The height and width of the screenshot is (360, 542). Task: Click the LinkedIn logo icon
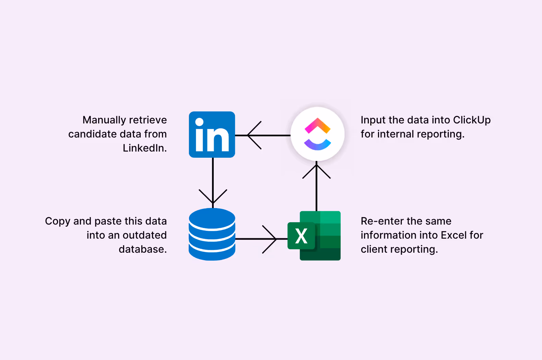click(x=212, y=134)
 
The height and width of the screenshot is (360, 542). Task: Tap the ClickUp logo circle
click(x=317, y=134)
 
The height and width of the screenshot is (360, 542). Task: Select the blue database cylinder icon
click(x=212, y=234)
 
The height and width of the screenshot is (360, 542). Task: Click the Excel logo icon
click(x=314, y=236)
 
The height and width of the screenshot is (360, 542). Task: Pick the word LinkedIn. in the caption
click(x=145, y=148)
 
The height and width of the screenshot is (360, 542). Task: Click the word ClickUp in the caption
click(x=472, y=120)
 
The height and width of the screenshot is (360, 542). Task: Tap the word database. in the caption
click(x=143, y=249)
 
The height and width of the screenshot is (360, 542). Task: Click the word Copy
click(x=58, y=221)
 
